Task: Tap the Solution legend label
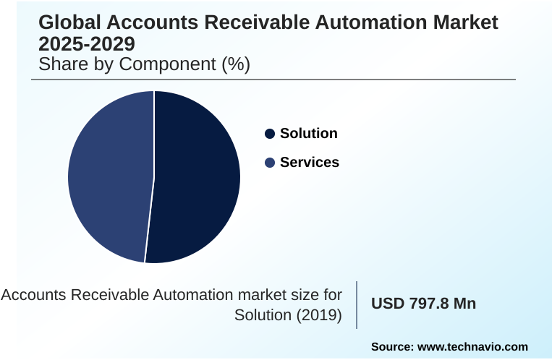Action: coord(308,133)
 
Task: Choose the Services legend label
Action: coord(309,162)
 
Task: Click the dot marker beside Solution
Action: coord(270,134)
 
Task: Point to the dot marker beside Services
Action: coord(270,163)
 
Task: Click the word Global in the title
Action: coord(69,22)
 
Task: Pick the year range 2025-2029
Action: coord(86,43)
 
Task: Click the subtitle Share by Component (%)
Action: coord(144,64)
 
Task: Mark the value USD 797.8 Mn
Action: coord(423,304)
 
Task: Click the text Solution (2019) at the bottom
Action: coord(288,315)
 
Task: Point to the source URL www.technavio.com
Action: coord(473,347)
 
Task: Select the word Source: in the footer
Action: coord(392,347)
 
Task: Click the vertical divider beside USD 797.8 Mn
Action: coord(357,304)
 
